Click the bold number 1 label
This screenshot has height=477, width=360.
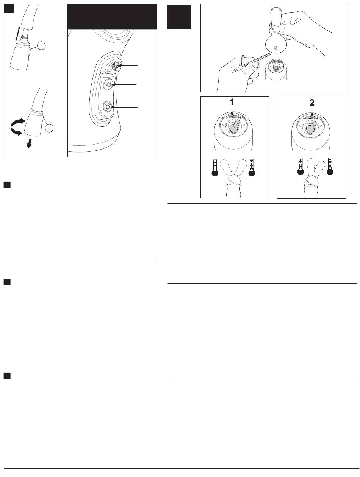[x=232, y=102]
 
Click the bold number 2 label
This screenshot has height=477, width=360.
[x=312, y=103]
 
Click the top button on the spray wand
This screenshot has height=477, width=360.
[x=115, y=66]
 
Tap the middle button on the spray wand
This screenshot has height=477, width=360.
[x=108, y=84]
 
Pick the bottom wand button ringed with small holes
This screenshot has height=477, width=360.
[x=107, y=107]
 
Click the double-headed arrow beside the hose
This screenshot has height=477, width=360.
[x=17, y=33]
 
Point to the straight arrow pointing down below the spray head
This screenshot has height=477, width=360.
[x=29, y=143]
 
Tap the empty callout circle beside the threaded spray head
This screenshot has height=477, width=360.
[x=41, y=46]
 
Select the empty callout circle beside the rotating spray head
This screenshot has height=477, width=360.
[x=49, y=128]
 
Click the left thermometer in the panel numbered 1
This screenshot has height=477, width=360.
[x=215, y=168]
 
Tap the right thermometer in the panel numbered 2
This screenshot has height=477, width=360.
[x=330, y=166]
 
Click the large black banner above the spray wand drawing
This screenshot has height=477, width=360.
[x=112, y=17]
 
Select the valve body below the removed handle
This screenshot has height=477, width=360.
[x=276, y=70]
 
